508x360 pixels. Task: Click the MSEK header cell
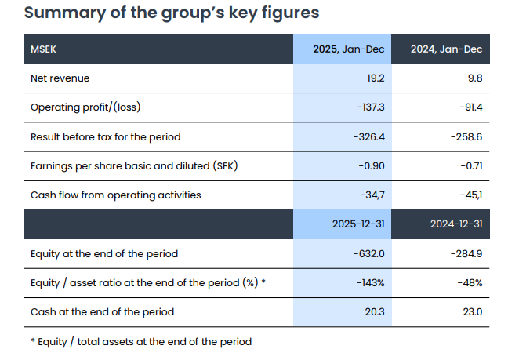43,49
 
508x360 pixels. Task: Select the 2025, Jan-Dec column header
349,49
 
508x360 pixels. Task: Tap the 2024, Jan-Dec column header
446,49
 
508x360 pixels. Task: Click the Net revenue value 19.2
376,78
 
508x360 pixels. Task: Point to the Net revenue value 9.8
475,78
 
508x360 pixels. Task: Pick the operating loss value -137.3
371,107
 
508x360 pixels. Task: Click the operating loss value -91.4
471,107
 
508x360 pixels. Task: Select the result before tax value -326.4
369,136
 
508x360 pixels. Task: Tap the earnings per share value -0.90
372,166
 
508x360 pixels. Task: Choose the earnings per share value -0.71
472,166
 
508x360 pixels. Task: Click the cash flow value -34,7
372,195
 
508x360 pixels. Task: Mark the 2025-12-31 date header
358,224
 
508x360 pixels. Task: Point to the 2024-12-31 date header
456,224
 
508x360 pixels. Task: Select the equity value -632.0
369,253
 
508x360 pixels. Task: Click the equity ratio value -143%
371,283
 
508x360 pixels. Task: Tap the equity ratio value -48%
470,283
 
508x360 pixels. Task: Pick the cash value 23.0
473,311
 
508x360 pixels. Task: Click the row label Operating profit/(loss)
85,107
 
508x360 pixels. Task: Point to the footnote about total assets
141,341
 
